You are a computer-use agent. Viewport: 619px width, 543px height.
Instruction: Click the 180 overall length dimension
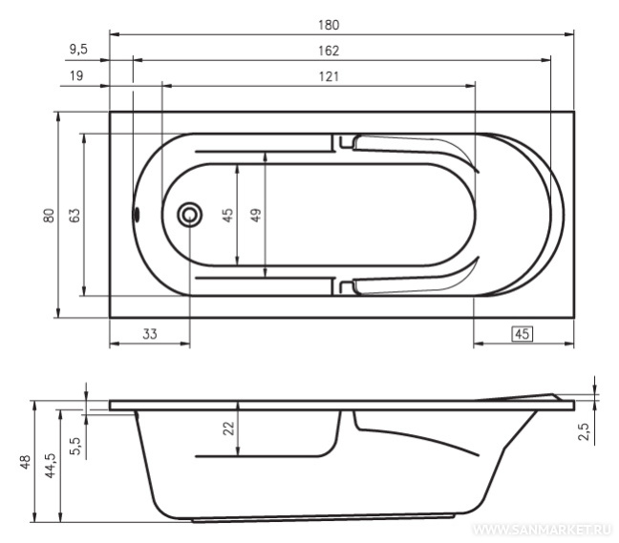[329, 25]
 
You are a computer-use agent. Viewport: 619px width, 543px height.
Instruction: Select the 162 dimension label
[329, 51]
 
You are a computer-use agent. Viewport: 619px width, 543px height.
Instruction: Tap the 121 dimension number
[329, 76]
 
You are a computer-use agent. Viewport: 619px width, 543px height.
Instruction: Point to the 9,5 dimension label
[78, 50]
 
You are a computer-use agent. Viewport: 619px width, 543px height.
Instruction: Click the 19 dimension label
[76, 75]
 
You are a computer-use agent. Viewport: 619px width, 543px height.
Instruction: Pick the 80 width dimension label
[49, 216]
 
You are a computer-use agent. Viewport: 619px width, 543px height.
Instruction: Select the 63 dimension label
[75, 216]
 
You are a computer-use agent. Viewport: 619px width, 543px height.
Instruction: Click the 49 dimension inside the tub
[256, 216]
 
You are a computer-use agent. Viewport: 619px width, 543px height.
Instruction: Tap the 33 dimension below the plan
[150, 334]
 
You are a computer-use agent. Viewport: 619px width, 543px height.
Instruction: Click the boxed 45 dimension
[522, 334]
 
